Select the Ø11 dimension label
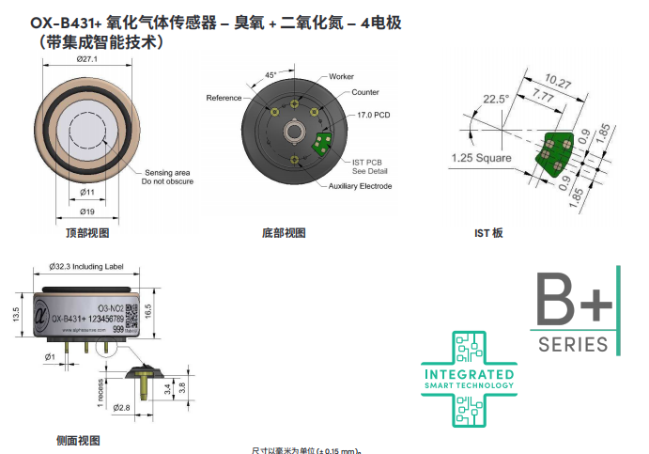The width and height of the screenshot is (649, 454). (x=87, y=192)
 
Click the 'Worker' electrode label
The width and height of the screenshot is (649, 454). (x=341, y=76)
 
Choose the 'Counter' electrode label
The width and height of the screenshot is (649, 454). (x=365, y=92)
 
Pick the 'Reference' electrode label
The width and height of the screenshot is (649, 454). (x=224, y=98)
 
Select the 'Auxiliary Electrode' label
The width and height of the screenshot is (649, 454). (x=361, y=186)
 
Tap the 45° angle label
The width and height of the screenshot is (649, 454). (x=271, y=73)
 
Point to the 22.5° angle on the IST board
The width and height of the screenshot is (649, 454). (x=495, y=98)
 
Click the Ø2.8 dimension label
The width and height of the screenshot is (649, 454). (x=121, y=408)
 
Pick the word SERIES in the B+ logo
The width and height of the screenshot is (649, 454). (x=573, y=345)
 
